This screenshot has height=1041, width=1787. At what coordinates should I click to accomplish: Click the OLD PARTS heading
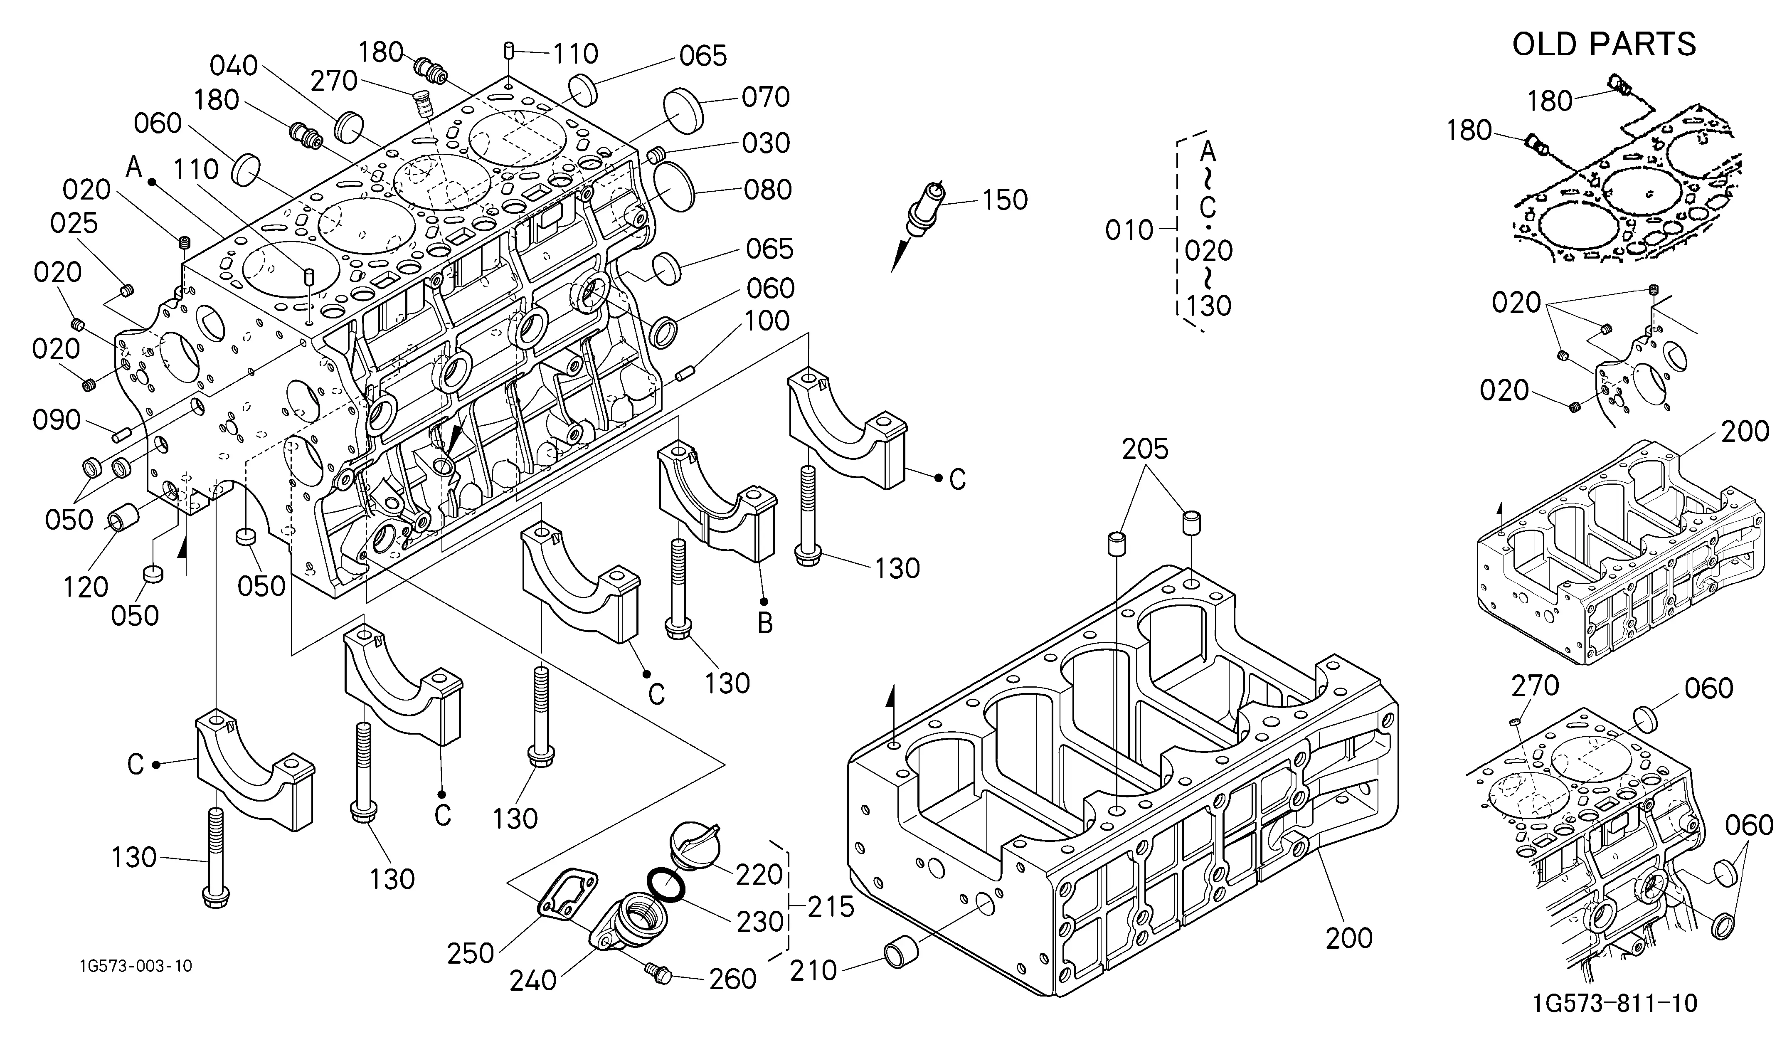[1604, 44]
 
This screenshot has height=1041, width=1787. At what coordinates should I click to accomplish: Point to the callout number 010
[1130, 230]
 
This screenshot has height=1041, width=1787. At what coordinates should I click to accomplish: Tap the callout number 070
[766, 97]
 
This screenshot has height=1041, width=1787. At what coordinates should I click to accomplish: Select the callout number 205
[1145, 449]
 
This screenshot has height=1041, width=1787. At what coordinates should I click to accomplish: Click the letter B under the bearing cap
[764, 623]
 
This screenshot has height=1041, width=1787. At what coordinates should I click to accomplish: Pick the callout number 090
[57, 420]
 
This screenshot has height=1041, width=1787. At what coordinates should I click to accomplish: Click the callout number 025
[74, 223]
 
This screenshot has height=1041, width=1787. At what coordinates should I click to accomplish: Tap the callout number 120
[86, 587]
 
